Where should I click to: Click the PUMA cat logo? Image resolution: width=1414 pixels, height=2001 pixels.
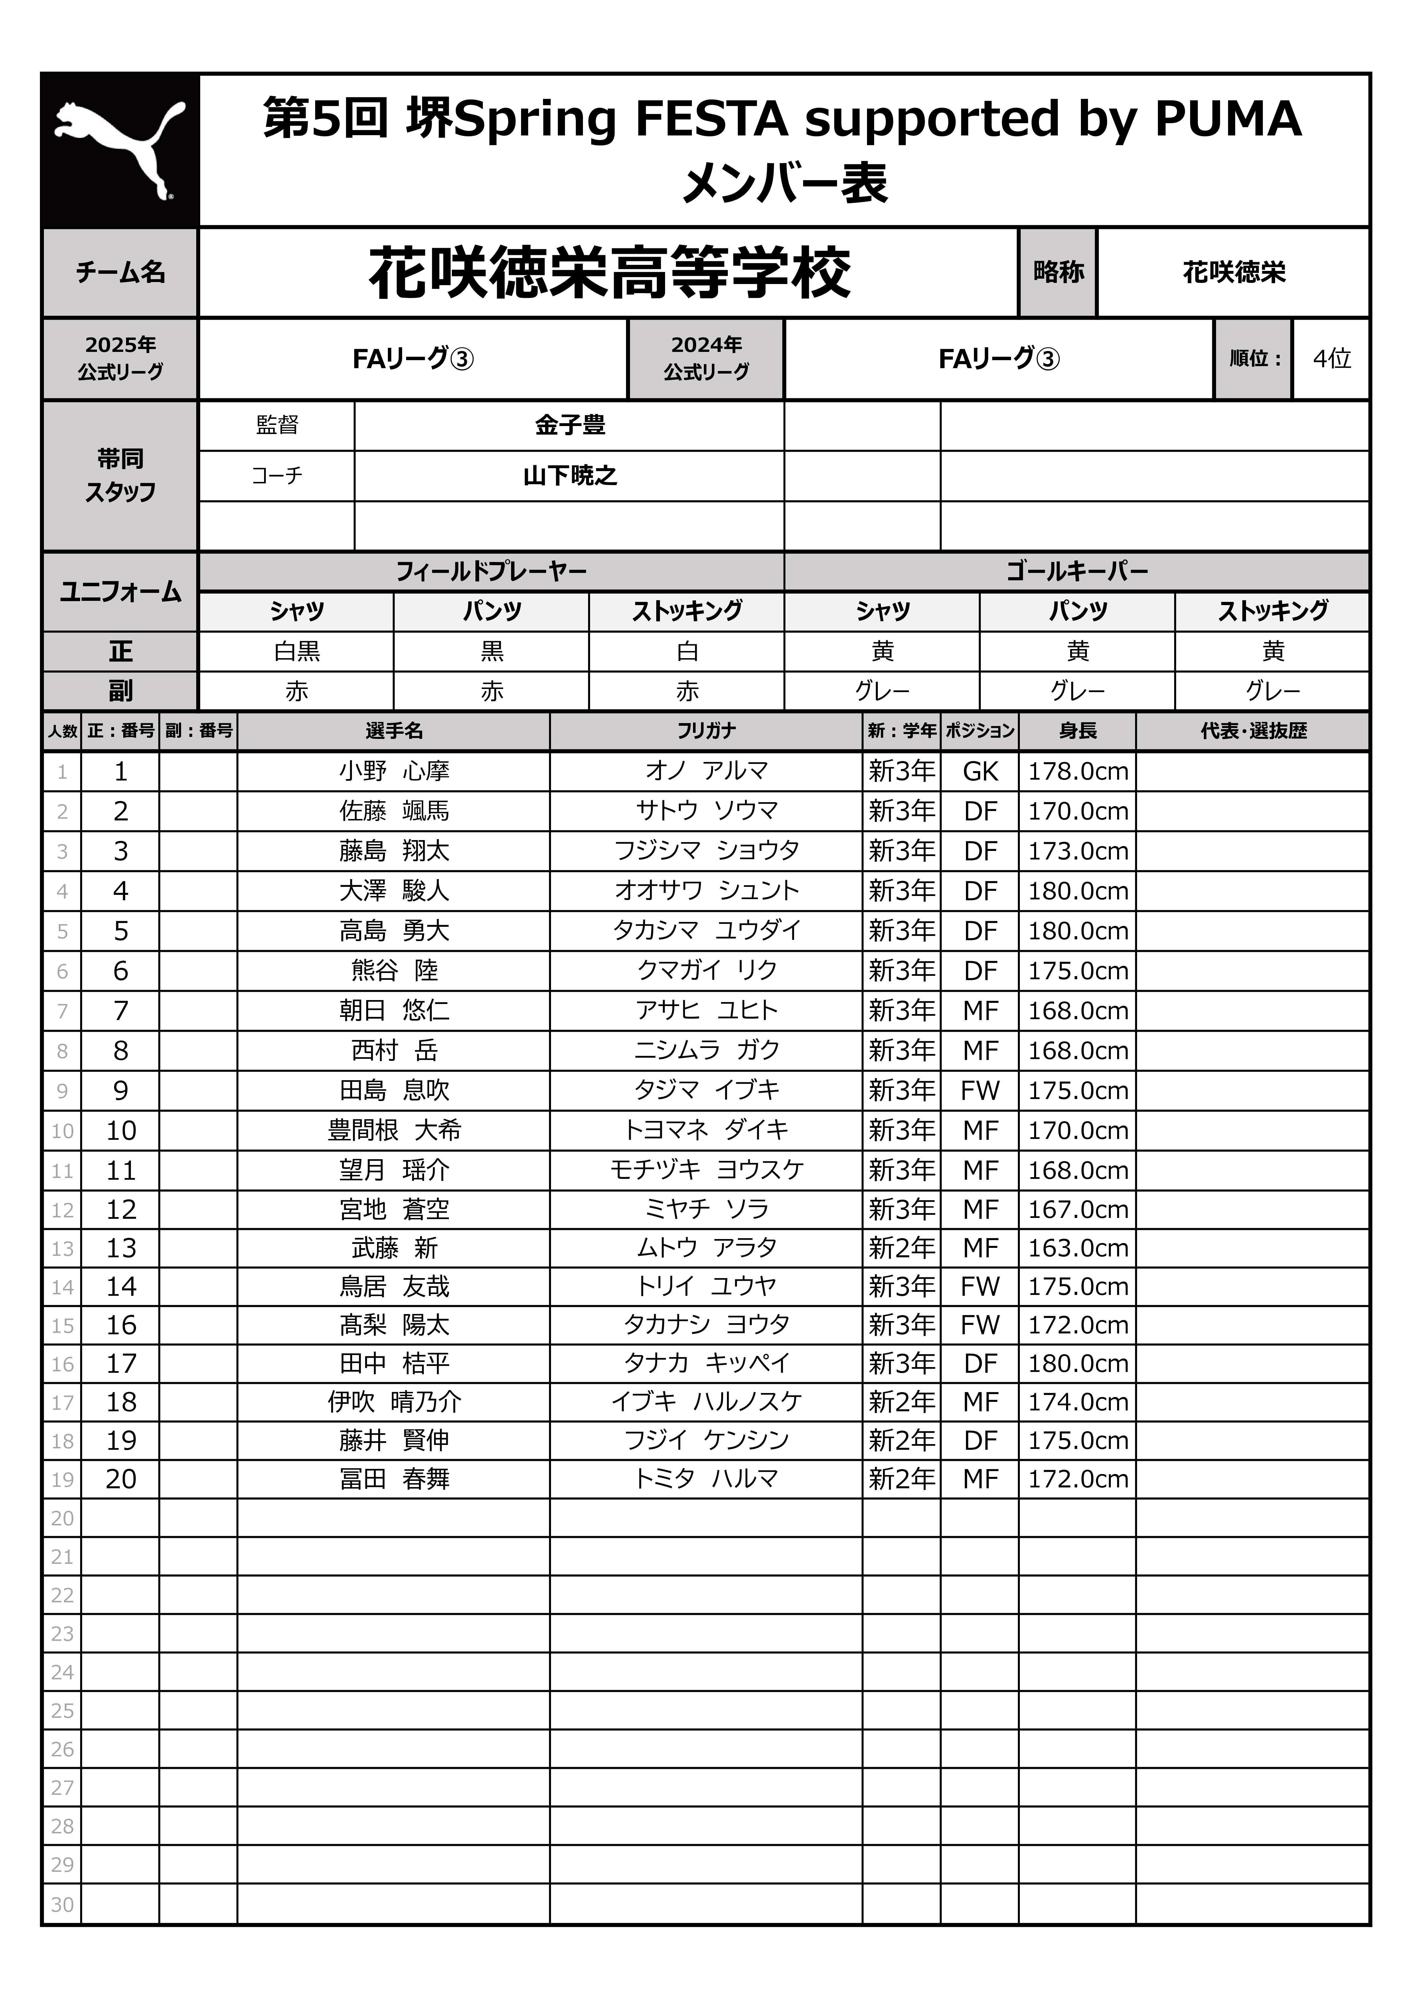(x=120, y=150)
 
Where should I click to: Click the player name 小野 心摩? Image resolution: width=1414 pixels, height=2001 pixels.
(x=394, y=771)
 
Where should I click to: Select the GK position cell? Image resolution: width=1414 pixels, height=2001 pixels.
(x=980, y=771)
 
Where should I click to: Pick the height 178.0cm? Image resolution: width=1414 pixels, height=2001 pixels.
(x=1077, y=771)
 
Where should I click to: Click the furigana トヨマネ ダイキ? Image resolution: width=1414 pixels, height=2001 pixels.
(x=706, y=1130)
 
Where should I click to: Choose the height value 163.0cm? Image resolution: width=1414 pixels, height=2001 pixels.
(x=1077, y=1248)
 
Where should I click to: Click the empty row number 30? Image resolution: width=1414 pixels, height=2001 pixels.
(x=62, y=1904)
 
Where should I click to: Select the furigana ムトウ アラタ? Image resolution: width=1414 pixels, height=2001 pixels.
(x=706, y=1248)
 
